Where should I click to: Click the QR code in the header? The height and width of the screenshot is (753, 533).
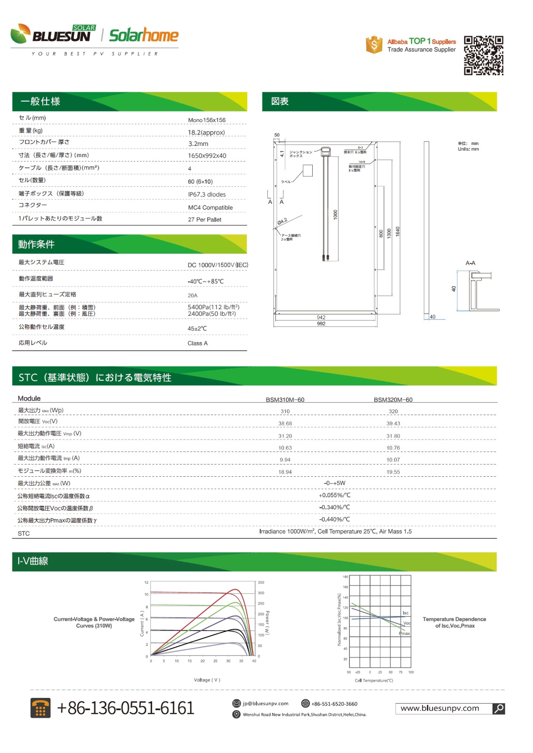(484, 56)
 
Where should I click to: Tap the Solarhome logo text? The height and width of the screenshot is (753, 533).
(144, 35)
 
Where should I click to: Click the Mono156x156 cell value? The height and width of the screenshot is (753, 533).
(207, 120)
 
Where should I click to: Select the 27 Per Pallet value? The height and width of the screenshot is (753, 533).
(204, 220)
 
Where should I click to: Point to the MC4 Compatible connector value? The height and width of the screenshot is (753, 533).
(210, 208)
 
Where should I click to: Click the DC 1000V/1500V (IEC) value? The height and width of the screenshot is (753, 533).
(218, 265)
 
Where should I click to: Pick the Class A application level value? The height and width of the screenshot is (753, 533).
(197, 344)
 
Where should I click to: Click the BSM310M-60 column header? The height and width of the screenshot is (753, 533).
(285, 400)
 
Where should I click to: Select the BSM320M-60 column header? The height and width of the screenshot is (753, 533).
(393, 400)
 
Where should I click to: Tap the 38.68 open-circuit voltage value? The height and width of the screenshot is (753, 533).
(285, 424)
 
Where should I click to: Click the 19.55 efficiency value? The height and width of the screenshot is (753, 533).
(393, 472)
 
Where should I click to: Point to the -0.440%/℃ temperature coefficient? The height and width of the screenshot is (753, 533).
(334, 520)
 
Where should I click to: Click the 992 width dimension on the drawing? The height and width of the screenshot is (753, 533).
(321, 324)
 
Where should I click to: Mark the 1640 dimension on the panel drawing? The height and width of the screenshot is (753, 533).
(397, 232)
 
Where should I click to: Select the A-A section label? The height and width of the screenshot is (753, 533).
(470, 263)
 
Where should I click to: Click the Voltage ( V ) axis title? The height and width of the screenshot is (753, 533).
(207, 680)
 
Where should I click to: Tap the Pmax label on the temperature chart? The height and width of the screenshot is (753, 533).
(404, 633)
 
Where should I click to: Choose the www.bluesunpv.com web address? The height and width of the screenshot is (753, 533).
(439, 708)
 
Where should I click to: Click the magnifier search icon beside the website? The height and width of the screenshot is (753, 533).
(499, 708)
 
